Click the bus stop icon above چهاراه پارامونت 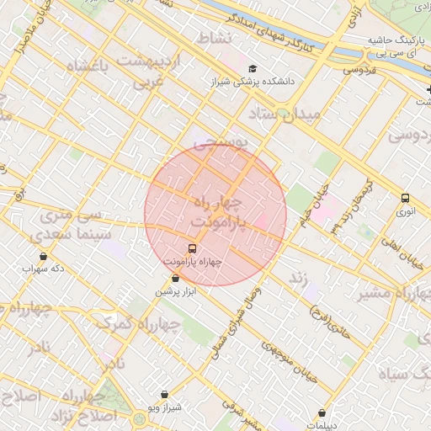pos(193,248)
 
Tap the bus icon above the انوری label pos(406,199)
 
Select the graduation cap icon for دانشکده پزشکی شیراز pos(251,69)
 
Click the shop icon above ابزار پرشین pos(175,279)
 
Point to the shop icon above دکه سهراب pos(43,256)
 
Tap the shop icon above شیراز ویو pos(163,393)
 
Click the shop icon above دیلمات pos(322,412)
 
